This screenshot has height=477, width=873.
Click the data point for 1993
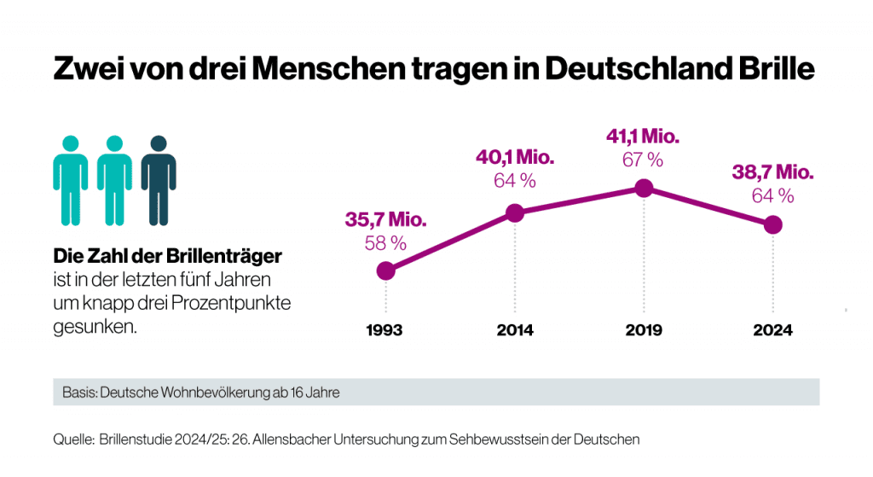point(385,270)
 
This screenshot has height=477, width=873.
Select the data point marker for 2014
point(514,213)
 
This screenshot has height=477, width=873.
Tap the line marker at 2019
point(644,189)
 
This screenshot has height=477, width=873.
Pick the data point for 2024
point(772,224)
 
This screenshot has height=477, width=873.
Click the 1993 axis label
point(385,331)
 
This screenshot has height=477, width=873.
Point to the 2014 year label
point(514,331)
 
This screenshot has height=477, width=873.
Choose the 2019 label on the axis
point(644,331)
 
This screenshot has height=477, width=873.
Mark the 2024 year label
point(772,331)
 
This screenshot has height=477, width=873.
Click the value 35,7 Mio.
point(385,219)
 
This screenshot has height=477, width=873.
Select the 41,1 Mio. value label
point(643,137)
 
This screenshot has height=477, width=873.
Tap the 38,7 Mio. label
point(772,172)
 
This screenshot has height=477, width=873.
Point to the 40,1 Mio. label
point(514,158)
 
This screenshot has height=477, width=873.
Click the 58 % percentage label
point(385,243)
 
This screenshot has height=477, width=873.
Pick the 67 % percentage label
point(643,160)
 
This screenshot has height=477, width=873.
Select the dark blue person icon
point(159,179)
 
